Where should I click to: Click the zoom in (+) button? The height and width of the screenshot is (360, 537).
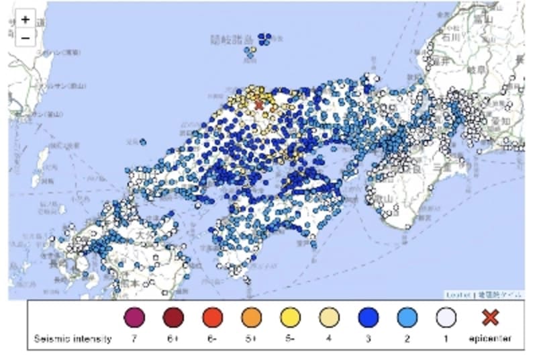click(x=25, y=20)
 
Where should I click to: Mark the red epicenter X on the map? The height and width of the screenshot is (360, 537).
click(x=259, y=104)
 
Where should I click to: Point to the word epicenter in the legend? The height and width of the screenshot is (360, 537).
click(x=491, y=339)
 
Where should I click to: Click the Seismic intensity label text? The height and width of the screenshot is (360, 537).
click(x=72, y=339)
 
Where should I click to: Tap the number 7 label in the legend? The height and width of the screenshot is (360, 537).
click(x=134, y=339)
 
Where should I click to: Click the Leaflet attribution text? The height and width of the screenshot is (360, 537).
click(x=458, y=294)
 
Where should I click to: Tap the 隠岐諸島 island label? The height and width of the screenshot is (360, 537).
click(x=232, y=40)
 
